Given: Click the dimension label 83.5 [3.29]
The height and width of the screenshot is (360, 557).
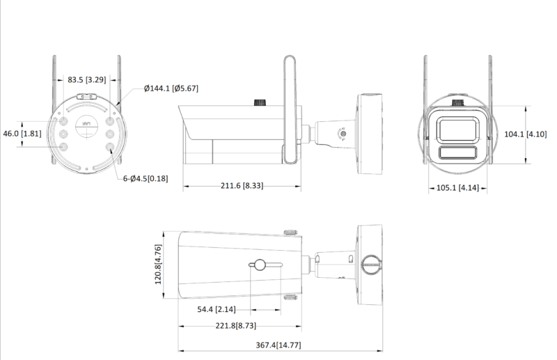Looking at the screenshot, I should [86, 80].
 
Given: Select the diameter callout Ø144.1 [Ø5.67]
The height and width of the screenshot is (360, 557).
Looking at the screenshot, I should [171, 88].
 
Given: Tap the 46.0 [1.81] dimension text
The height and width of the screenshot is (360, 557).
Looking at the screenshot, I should [22, 133].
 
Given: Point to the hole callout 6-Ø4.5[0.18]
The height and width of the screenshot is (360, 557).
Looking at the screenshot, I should [146, 179].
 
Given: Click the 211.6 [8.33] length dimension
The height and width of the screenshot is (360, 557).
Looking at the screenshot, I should [242, 186].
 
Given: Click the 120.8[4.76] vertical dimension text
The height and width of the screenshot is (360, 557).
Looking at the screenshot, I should [159, 265].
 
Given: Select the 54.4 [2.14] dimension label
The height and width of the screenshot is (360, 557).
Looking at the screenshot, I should [216, 308].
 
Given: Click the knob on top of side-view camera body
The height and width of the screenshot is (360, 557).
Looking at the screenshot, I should [262, 103].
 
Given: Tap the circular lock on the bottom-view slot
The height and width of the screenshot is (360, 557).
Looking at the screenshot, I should [258, 265].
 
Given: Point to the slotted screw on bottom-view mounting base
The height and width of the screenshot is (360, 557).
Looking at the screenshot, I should [372, 264].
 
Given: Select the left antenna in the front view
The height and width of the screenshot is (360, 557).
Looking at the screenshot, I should [425, 84].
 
